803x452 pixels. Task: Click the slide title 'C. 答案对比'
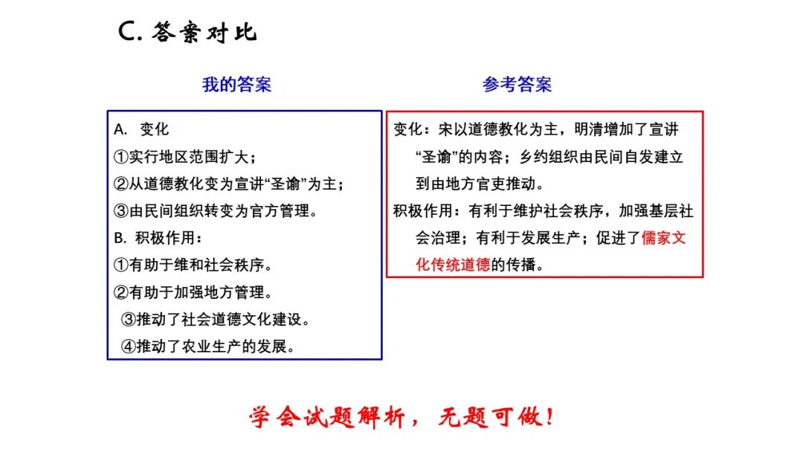(188, 33)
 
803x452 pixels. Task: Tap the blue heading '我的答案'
(237, 85)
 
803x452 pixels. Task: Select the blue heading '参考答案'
(517, 85)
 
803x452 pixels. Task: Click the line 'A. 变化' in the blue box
(142, 129)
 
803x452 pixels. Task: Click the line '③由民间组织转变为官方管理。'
(216, 211)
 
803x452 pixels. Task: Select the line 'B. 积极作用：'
(158, 238)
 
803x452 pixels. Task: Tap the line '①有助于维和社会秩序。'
(193, 265)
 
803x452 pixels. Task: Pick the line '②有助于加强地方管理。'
(193, 292)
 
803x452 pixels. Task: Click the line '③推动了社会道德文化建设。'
(216, 320)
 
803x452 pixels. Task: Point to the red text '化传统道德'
(453, 265)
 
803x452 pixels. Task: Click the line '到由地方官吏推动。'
(480, 184)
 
